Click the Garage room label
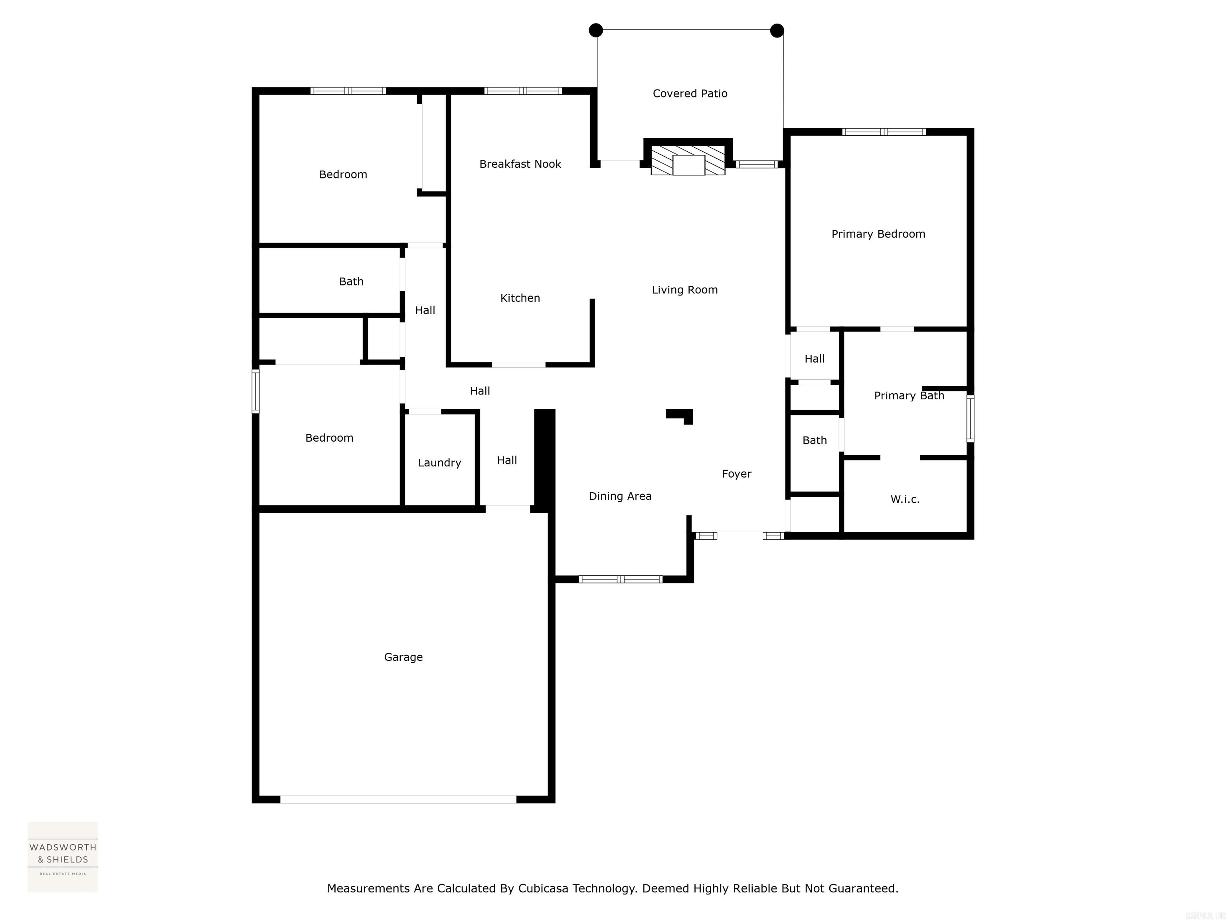point(403,657)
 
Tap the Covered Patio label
point(690,94)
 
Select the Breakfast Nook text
point(520,164)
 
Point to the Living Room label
point(684,290)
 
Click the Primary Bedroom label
point(878,234)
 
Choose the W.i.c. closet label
point(905,500)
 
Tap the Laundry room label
point(439,463)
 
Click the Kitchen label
point(520,298)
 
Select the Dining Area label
point(620,496)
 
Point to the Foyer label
point(736,474)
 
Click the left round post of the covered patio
point(596,30)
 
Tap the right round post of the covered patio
point(777,30)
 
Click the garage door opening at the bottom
point(398,799)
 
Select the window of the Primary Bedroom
point(884,132)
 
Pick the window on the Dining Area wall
point(620,579)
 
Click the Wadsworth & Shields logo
point(63,857)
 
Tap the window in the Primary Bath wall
point(970,419)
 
